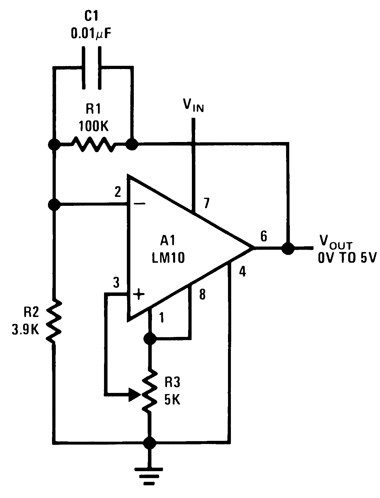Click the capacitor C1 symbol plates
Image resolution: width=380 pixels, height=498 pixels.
click(x=92, y=68)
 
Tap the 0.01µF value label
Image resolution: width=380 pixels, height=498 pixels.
click(x=90, y=34)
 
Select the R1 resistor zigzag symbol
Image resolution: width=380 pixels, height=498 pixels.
click(x=93, y=143)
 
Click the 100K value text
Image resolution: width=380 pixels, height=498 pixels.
click(x=93, y=126)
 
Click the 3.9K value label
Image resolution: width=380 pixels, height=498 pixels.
click(x=25, y=329)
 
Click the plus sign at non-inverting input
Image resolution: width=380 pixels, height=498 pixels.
click(x=139, y=294)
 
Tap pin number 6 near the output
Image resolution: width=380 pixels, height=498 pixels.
click(x=264, y=236)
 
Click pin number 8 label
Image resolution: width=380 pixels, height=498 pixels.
click(x=202, y=295)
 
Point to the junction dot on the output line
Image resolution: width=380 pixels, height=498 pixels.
click(x=288, y=248)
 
